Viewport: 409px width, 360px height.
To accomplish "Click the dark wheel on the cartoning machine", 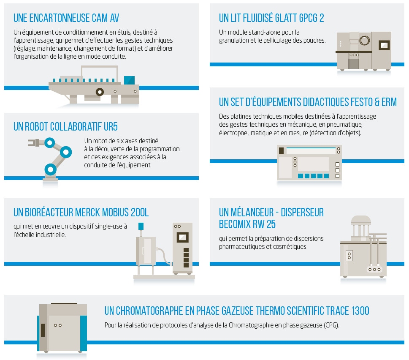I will point(100,91).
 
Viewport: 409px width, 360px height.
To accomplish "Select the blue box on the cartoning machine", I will point(129,80).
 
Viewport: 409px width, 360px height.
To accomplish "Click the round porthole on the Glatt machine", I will point(364,41).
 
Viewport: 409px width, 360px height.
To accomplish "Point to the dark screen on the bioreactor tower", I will point(183,237).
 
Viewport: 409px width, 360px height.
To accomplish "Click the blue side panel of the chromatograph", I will point(83,332).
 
